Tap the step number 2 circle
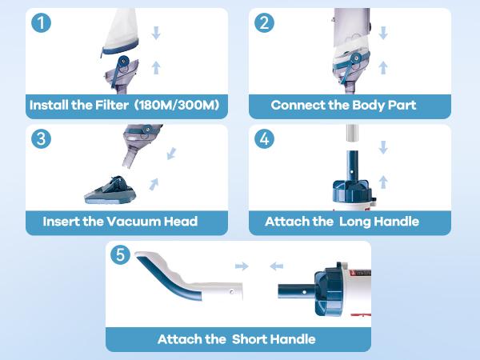coord(265,23)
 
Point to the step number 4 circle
coord(265,138)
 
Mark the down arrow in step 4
coord(384,147)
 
